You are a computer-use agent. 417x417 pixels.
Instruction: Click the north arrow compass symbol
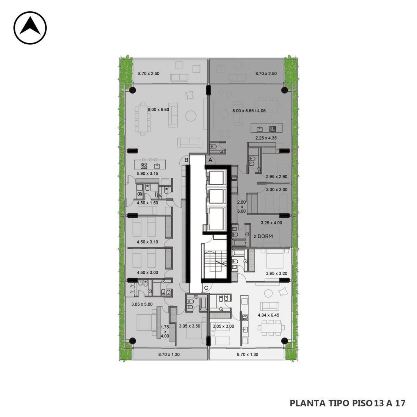(x=30, y=28)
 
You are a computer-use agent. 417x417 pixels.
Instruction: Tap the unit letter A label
(x=210, y=160)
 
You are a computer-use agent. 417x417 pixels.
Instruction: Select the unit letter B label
(x=187, y=160)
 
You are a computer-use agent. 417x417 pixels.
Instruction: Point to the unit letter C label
(x=206, y=288)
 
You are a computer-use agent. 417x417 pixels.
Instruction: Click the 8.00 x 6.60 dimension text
(x=158, y=109)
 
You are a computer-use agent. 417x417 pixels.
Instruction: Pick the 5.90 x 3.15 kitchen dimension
(x=147, y=173)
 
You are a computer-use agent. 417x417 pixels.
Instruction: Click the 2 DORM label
(x=263, y=236)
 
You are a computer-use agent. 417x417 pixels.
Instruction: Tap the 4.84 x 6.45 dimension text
(x=268, y=315)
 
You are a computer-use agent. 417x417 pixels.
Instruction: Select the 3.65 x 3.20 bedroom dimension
(x=277, y=273)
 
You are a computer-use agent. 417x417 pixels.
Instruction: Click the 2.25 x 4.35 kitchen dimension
(x=266, y=138)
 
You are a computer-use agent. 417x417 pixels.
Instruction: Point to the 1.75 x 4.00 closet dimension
(x=165, y=332)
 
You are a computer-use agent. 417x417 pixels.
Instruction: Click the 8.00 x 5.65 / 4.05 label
(x=249, y=111)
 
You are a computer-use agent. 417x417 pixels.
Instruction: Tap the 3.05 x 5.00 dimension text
(x=142, y=304)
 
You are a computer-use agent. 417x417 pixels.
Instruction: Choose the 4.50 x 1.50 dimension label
(x=147, y=203)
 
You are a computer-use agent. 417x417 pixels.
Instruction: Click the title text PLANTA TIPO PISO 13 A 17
(x=348, y=403)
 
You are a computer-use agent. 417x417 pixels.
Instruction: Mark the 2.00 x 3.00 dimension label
(x=241, y=207)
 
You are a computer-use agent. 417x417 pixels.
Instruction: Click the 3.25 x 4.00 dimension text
(x=271, y=223)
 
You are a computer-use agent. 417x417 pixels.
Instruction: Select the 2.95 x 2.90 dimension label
(x=277, y=176)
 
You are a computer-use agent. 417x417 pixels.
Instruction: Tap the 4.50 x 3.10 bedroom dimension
(x=147, y=242)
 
